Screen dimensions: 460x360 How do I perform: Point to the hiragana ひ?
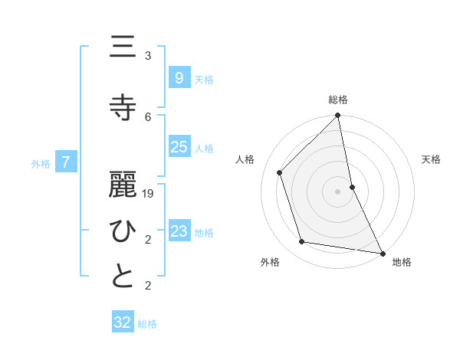(x=123, y=230)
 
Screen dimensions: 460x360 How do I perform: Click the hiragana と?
(x=123, y=277)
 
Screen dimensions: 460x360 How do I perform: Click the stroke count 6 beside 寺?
(x=148, y=116)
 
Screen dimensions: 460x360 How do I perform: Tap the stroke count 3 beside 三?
(x=148, y=56)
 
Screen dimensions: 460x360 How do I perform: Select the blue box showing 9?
(x=179, y=77)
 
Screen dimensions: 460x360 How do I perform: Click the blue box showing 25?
(x=179, y=147)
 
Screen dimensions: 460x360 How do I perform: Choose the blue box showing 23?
(x=179, y=231)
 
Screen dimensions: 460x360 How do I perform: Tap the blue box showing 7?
(x=67, y=162)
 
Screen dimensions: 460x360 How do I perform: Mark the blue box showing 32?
(x=123, y=322)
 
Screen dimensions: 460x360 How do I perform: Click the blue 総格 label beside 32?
(x=147, y=324)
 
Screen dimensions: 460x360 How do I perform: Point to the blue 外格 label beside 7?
(x=41, y=163)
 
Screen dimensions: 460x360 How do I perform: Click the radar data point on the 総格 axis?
(x=337, y=116)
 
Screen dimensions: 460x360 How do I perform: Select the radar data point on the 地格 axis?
(x=382, y=252)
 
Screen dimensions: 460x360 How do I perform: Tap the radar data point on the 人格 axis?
(x=280, y=172)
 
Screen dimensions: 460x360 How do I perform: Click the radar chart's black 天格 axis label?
(x=431, y=159)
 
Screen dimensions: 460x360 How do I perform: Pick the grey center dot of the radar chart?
(x=337, y=191)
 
